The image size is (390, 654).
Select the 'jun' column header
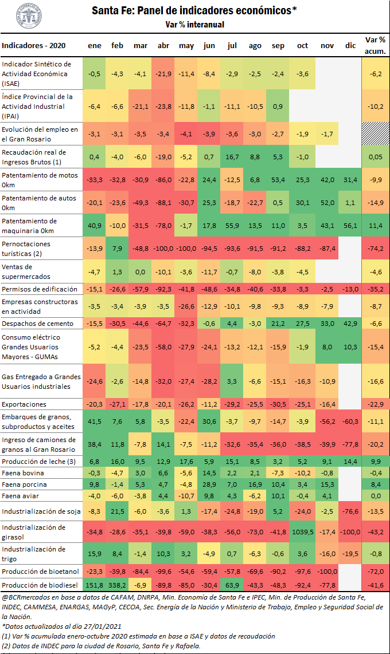click(209, 45)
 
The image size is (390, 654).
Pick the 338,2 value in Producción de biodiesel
click(118, 585)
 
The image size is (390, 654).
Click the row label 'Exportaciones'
click(24, 404)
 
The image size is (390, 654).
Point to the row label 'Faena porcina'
click(24, 484)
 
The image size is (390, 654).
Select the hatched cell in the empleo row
click(376, 134)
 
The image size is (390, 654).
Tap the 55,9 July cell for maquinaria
click(232, 225)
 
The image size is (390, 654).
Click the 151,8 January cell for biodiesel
click(95, 585)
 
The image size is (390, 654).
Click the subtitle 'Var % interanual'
click(194, 25)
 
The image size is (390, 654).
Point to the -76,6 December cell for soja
click(350, 511)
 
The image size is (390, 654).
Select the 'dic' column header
click(350, 45)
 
